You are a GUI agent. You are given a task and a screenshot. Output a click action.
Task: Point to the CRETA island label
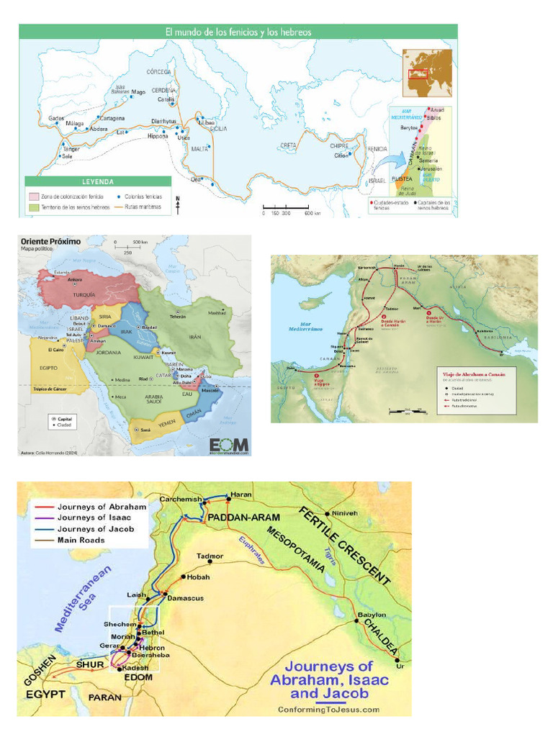click(289, 145)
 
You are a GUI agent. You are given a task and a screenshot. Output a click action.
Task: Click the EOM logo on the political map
click(229, 444)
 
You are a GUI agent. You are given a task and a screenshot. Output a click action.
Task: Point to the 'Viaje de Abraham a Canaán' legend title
click(477, 374)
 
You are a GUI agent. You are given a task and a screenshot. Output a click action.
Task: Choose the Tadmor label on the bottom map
click(210, 556)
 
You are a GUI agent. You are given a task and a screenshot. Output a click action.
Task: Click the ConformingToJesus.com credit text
click(328, 709)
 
